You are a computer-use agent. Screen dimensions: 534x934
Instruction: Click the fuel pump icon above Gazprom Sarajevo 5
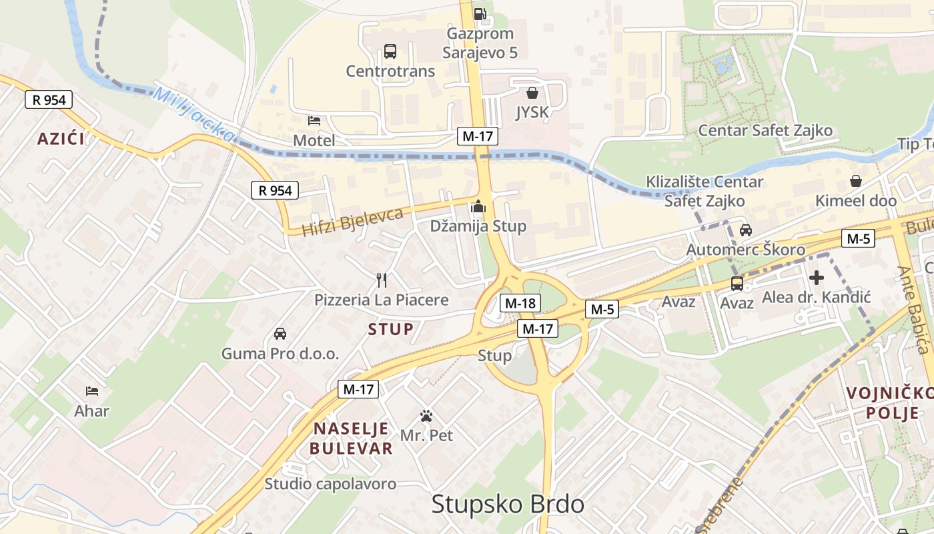[x=479, y=13]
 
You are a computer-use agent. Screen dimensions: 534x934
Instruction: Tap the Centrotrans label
[x=390, y=71]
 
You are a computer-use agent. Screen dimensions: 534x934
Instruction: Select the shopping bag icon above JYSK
[x=532, y=93]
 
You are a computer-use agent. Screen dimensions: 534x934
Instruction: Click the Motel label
[x=314, y=140]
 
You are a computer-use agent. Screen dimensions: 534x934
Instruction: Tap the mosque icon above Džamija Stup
[x=478, y=207]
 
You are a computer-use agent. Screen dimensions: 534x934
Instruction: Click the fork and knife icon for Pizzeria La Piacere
[x=382, y=280]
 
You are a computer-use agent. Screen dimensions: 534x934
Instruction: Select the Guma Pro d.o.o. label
[x=280, y=354]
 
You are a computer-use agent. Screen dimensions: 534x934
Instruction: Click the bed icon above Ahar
[x=92, y=390]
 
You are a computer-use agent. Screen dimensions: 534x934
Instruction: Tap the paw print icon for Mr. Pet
[x=426, y=417]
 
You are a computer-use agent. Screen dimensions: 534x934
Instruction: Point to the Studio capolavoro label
[x=330, y=484]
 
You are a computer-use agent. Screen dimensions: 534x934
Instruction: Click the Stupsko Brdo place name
[x=508, y=505]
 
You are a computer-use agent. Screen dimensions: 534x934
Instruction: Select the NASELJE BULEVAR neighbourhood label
[x=352, y=438]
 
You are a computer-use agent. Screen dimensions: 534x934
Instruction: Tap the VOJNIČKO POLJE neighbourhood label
[x=883, y=403]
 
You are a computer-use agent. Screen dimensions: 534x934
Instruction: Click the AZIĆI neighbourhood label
[x=61, y=139]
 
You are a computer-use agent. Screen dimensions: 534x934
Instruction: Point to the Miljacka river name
[x=194, y=114]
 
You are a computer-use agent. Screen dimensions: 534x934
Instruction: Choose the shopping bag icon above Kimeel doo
[x=856, y=181]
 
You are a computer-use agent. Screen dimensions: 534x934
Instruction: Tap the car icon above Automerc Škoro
[x=746, y=230]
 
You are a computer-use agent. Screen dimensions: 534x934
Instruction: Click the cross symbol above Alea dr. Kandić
[x=816, y=278]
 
